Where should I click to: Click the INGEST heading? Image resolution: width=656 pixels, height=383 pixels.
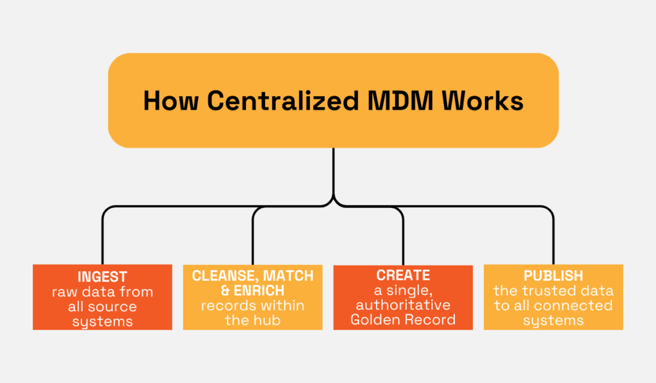(x=102, y=277)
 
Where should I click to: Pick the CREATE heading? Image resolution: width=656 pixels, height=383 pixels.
(x=403, y=275)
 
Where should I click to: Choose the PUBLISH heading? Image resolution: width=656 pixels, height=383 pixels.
(x=553, y=276)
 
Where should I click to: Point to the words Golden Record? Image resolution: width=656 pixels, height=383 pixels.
(x=403, y=319)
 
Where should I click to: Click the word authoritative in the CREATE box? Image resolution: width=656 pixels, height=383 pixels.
(x=403, y=305)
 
